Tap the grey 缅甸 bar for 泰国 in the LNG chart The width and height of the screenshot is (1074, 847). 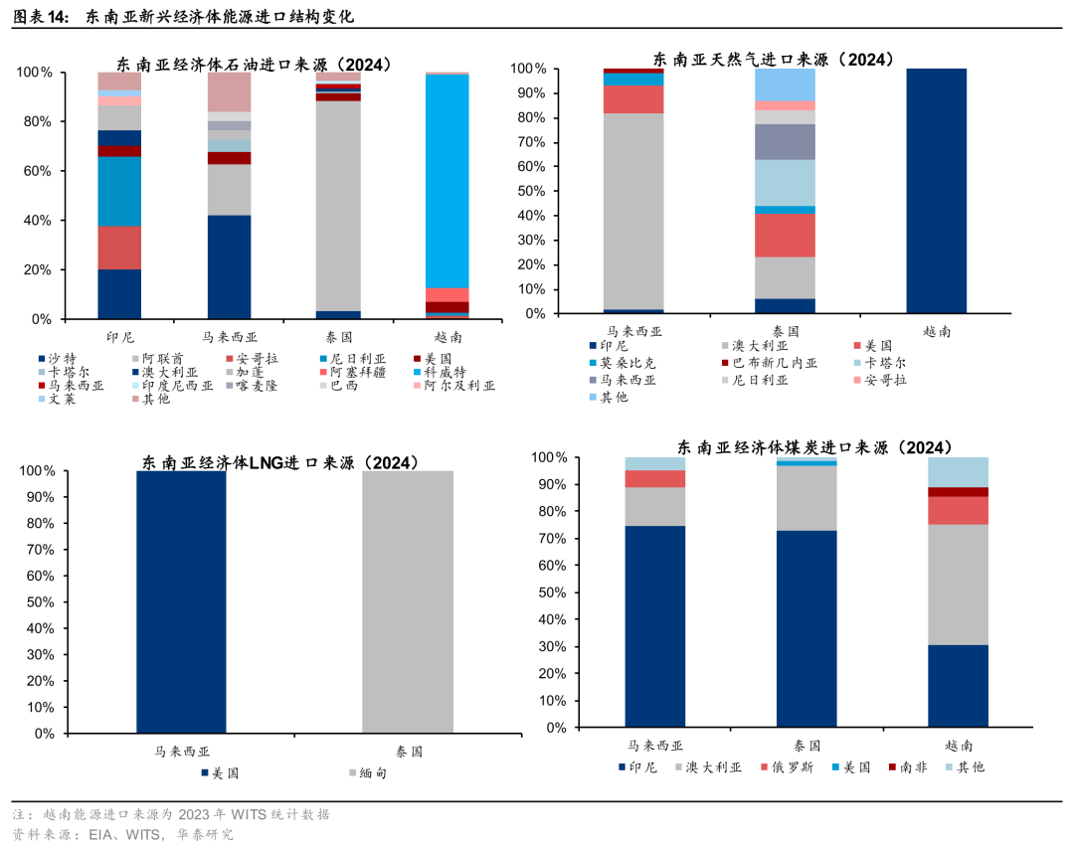(408, 601)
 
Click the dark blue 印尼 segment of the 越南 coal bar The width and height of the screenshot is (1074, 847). (958, 686)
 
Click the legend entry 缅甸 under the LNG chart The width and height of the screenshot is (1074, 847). (373, 772)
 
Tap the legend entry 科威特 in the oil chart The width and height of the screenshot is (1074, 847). (446, 372)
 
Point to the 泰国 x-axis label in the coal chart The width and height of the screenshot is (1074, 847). (806, 745)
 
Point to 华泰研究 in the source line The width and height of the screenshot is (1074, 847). (206, 834)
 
